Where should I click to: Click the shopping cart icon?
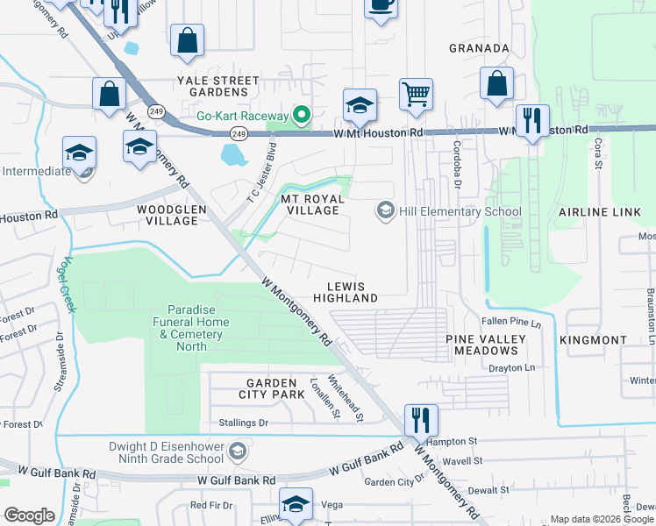[415, 94]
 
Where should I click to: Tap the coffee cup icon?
[381, 5]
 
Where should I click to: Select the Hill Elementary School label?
[460, 211]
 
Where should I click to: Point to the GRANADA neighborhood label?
[479, 48]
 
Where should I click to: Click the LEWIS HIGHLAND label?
[352, 292]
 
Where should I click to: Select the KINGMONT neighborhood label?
[598, 339]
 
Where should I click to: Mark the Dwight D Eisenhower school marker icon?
[236, 451]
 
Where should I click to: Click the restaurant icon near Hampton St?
[421, 420]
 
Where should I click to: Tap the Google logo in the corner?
[29, 515]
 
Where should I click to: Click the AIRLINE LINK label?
[594, 212]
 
